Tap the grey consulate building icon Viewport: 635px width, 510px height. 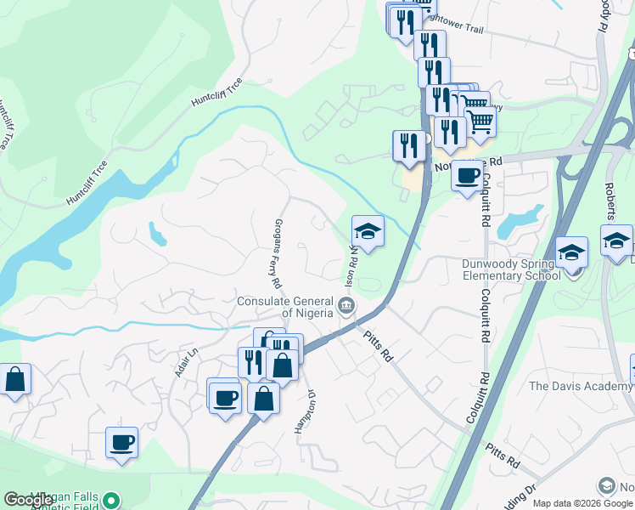(x=346, y=305)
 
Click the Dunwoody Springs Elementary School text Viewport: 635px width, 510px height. (x=511, y=269)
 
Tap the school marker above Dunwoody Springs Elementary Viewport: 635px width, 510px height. (x=572, y=252)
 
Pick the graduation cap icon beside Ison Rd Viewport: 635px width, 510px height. (x=368, y=231)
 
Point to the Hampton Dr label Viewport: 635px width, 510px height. (x=305, y=411)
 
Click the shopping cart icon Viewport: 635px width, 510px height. (x=480, y=122)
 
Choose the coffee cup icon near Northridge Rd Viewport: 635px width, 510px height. (x=467, y=176)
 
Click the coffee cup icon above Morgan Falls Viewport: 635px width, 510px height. (x=121, y=442)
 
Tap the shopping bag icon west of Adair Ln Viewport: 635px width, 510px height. (x=15, y=379)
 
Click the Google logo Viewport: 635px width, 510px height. (x=29, y=500)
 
